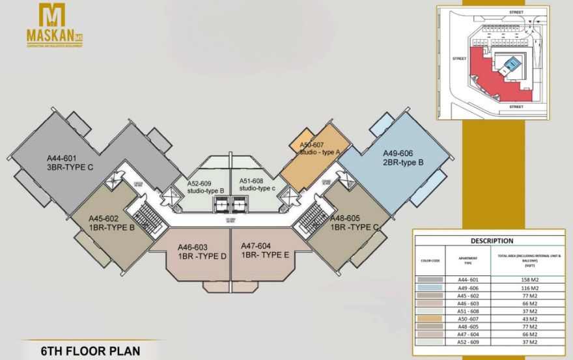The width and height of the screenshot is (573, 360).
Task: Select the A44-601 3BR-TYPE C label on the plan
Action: [70, 161]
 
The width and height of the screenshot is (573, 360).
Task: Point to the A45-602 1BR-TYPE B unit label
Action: [112, 223]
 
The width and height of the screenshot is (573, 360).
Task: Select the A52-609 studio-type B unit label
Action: [205, 186]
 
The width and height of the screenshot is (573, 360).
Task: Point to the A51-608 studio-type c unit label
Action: [256, 184]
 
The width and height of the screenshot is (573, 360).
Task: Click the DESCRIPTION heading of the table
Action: [492, 240]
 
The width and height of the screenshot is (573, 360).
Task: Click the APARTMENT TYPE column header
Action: [464, 261]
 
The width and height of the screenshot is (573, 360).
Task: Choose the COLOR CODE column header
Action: [430, 261]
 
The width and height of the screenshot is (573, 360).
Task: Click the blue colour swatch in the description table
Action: [430, 287]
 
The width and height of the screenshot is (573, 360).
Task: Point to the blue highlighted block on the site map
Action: [512, 64]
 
